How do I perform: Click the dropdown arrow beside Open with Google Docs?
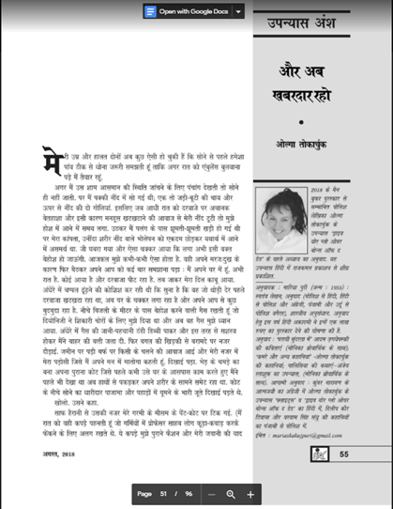point(238,11)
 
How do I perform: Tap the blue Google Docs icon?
point(150,11)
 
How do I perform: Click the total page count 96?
point(189,493)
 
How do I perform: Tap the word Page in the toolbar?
point(144,493)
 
